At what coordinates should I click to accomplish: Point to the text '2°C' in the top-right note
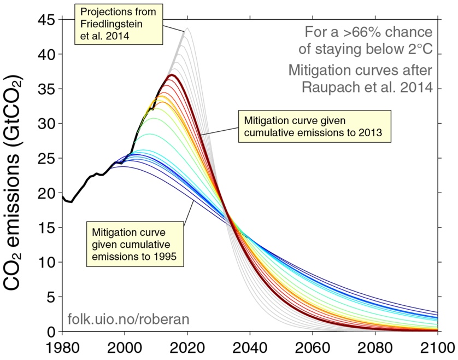pos(417,49)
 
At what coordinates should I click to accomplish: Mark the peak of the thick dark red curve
pos(172,75)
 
